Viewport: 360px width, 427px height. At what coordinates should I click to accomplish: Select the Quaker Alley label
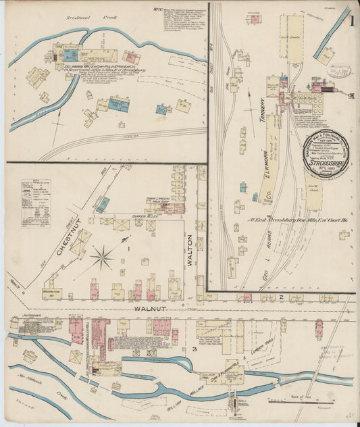point(147,216)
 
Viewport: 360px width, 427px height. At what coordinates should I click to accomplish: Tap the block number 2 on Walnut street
point(280,297)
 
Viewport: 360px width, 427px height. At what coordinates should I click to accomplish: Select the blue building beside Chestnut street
point(103,204)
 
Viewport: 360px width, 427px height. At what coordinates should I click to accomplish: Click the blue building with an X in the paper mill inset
point(120,105)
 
